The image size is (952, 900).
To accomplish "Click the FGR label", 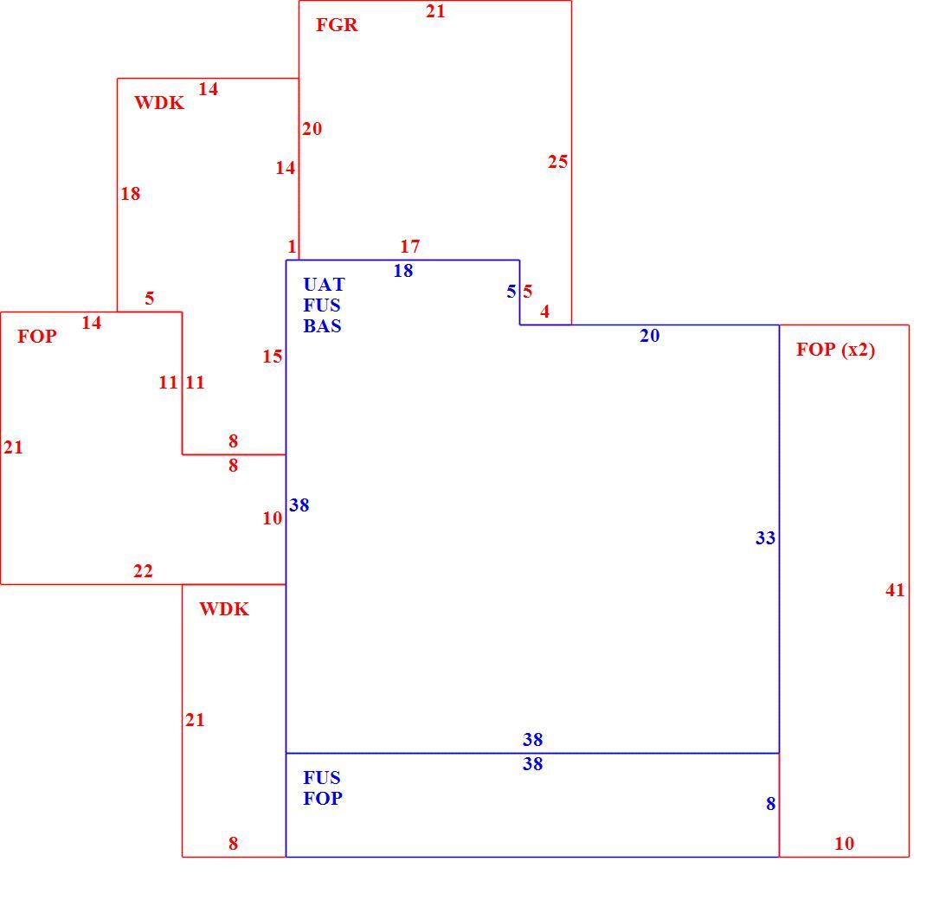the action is [337, 25].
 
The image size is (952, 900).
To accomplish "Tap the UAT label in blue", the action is [325, 284].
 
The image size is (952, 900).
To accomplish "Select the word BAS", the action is [323, 326].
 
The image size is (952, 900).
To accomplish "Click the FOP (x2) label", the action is [836, 350].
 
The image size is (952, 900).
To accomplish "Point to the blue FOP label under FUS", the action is [323, 798].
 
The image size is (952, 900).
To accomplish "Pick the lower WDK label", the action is [224, 609].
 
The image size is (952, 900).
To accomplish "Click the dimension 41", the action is [895, 589].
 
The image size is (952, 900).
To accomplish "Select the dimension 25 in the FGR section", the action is [558, 162].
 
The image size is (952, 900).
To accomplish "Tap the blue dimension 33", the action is [766, 537].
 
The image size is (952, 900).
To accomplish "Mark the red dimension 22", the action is [144, 571].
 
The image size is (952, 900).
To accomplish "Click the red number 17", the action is [410, 246].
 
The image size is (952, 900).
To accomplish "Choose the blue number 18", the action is [403, 270].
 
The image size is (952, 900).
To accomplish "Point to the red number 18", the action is [131, 193].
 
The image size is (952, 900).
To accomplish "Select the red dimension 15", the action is [273, 356].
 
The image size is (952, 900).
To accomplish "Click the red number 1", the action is [292, 246].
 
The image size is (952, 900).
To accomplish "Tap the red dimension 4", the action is [544, 312].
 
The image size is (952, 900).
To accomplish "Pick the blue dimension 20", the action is [650, 335].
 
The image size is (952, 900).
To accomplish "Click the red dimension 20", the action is [312, 128].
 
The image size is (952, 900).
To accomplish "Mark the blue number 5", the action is [511, 292].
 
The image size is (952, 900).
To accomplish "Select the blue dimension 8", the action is [770, 803].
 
